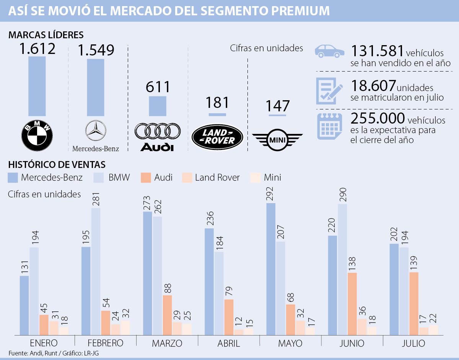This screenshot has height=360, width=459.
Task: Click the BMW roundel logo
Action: coord(37,135)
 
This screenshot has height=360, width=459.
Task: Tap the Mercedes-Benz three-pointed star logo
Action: coord(96,131)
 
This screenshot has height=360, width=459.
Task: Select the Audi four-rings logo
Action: coord(157,131)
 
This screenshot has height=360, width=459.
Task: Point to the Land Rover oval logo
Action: coord(217,137)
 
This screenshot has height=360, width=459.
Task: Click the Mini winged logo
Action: coord(277,139)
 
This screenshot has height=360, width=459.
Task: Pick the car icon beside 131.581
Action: coord(329,51)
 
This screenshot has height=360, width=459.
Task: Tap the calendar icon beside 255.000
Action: coord(329,126)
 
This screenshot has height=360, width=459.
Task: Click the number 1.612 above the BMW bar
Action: coord(37,49)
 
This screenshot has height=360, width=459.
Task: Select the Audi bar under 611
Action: coord(157,106)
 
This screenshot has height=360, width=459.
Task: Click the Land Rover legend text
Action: coord(217,178)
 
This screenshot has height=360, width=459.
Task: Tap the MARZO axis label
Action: coord(167,343)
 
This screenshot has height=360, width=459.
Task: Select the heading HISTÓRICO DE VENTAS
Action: coord(57,165)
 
